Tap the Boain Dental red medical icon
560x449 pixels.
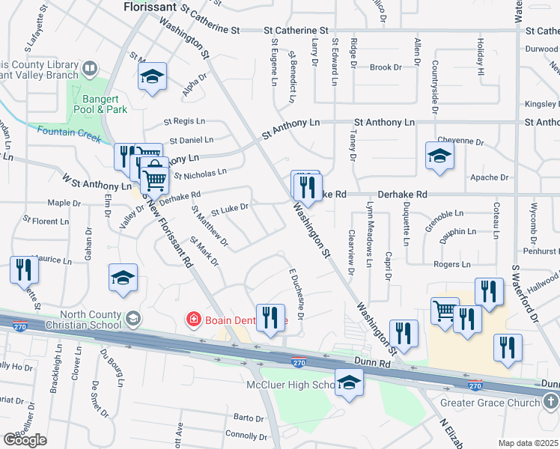tap(193, 320)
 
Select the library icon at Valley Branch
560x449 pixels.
tap(89, 69)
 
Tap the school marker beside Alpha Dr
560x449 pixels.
tap(153, 76)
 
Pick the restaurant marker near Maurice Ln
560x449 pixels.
tap(24, 269)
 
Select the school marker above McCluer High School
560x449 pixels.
tap(349, 382)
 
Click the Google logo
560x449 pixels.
tap(25, 440)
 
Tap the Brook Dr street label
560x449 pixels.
tap(386, 67)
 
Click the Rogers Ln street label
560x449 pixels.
tap(451, 264)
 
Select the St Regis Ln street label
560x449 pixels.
tap(183, 120)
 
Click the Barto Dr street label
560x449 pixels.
tap(249, 417)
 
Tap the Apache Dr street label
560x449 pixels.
tap(489, 177)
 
